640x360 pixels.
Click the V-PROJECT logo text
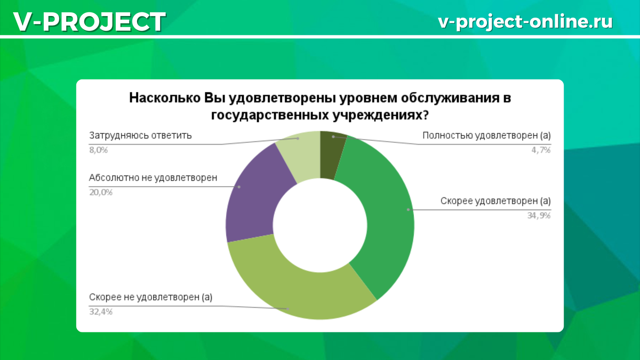(90, 21)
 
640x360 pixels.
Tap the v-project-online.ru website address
(525, 22)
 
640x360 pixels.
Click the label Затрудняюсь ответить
(140, 135)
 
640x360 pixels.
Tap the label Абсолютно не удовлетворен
(153, 178)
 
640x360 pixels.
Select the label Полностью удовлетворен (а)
(486, 135)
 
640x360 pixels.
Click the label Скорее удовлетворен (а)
(495, 201)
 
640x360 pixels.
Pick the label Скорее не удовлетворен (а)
(150, 297)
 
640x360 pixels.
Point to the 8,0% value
(98, 150)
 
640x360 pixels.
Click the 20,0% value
(101, 193)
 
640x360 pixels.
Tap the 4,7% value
(541, 150)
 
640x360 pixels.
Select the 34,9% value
(539, 215)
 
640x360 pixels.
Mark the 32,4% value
(101, 311)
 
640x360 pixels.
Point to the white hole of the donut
(320, 225)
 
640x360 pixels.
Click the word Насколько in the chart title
(165, 98)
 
